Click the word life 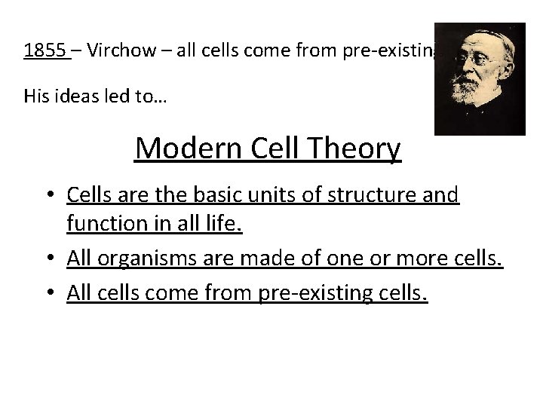click(x=223, y=223)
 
